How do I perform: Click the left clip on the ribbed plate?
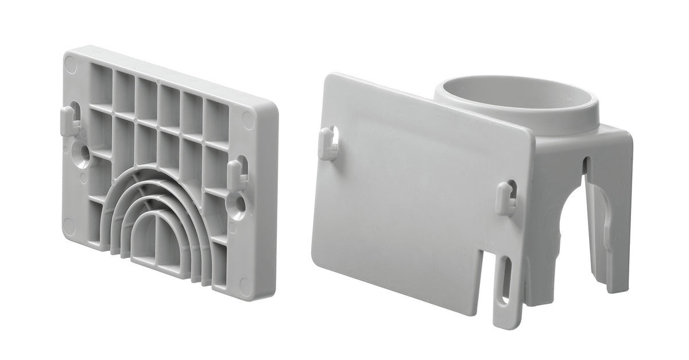pyautogui.click(x=69, y=121)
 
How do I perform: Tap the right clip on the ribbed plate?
pyautogui.click(x=236, y=175)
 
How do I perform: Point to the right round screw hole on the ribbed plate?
pyautogui.click(x=238, y=204)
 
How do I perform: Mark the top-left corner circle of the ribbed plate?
pyautogui.click(x=71, y=64)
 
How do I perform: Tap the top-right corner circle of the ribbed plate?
pyautogui.click(x=249, y=120)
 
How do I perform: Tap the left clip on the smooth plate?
pyautogui.click(x=328, y=144)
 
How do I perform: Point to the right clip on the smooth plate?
pyautogui.click(x=505, y=198)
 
